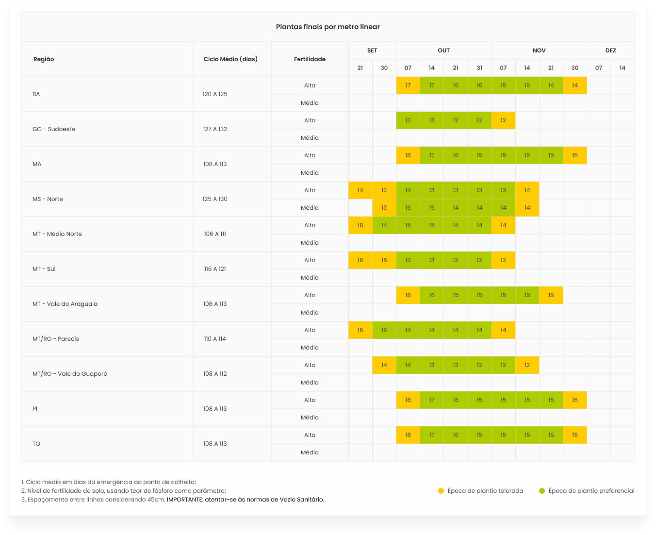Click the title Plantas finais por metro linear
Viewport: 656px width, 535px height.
click(x=328, y=27)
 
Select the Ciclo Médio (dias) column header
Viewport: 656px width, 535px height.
click(x=230, y=59)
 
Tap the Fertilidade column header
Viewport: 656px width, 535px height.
click(x=310, y=59)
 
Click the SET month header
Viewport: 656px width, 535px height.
click(x=372, y=50)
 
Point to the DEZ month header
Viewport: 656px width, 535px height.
click(x=610, y=50)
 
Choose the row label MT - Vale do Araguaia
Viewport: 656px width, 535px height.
click(x=65, y=304)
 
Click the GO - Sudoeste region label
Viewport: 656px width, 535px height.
click(x=54, y=129)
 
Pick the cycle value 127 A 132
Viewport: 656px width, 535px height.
click(x=215, y=129)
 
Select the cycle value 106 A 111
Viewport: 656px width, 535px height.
click(x=215, y=234)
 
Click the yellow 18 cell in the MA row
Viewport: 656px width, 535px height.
click(x=408, y=155)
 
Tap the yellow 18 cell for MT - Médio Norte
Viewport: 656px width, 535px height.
click(x=360, y=225)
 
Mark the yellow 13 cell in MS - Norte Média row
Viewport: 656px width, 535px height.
click(x=384, y=208)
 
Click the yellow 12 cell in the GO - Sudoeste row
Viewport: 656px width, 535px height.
click(x=503, y=120)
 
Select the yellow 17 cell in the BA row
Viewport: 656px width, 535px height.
click(x=408, y=85)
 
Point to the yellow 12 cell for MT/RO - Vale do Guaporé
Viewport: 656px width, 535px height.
click(x=527, y=365)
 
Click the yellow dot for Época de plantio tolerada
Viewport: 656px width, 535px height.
click(x=441, y=491)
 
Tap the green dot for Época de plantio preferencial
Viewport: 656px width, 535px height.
click(x=542, y=491)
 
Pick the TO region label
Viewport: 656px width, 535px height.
click(x=36, y=444)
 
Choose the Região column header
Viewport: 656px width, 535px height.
click(x=44, y=59)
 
